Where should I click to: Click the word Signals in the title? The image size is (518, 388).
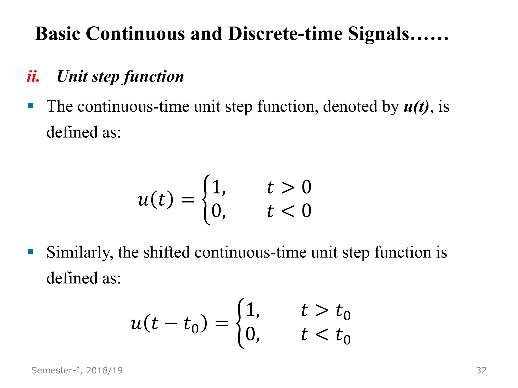click(x=378, y=34)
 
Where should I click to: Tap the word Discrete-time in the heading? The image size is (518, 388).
click(x=285, y=34)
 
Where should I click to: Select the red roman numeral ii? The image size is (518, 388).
click(x=33, y=77)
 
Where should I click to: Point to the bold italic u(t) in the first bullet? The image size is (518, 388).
click(x=416, y=107)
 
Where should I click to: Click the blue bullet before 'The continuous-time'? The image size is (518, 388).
click(x=31, y=106)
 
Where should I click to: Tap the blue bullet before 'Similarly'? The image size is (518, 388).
click(x=31, y=251)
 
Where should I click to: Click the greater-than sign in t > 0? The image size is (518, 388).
click(x=288, y=188)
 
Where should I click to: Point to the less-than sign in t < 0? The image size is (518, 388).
click(x=288, y=211)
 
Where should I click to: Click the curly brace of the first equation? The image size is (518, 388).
click(x=206, y=200)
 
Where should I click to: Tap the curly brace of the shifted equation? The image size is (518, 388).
click(x=240, y=323)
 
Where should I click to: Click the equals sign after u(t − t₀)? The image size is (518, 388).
click(x=222, y=324)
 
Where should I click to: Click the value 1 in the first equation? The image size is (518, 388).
click(x=217, y=187)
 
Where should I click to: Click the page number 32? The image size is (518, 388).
click(x=481, y=370)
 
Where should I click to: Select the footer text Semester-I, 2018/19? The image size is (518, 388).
click(x=77, y=370)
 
